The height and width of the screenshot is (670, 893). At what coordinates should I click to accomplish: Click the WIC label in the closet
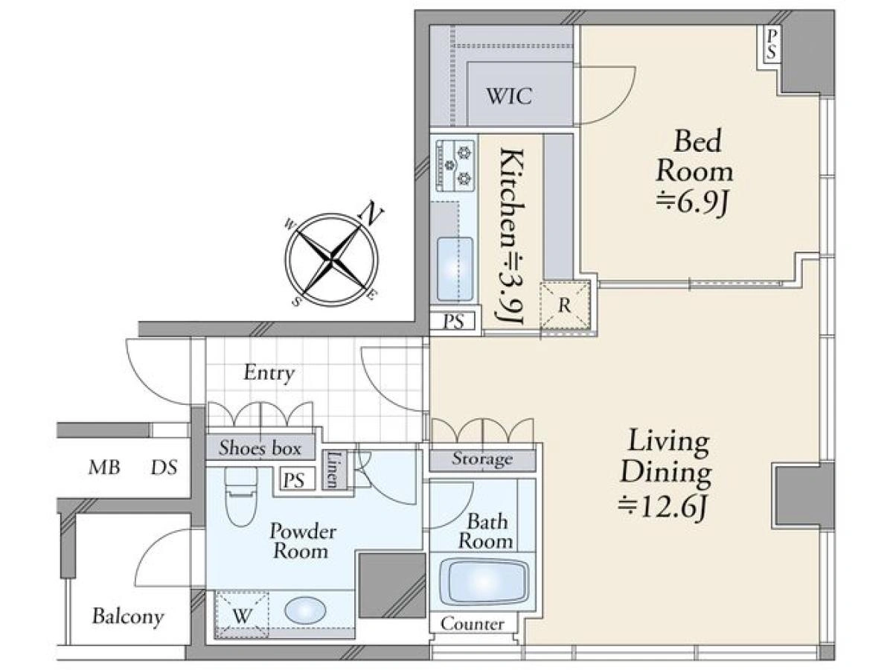509,96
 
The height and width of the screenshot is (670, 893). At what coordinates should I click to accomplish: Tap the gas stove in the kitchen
455,165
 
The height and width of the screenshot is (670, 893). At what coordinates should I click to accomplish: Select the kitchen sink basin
455,269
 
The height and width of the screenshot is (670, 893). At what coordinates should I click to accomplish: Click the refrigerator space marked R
564,304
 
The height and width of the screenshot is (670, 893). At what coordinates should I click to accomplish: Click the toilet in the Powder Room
241,496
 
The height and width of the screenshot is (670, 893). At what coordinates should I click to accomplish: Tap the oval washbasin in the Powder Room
305,610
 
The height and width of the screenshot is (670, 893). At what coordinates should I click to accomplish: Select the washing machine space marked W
242,616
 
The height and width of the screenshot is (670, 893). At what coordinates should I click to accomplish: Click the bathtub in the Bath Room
484,581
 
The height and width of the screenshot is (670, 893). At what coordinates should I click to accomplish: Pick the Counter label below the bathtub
472,624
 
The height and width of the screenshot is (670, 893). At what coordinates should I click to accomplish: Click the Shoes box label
260,447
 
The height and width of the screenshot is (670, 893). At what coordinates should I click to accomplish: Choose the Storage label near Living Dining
482,459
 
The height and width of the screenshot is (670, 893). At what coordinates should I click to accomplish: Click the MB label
104,468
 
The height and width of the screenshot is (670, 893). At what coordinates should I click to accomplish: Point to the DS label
164,468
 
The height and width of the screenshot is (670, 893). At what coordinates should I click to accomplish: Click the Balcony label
128,616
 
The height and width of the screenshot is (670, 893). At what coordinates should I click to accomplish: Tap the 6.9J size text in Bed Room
691,203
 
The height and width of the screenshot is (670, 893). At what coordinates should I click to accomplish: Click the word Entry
269,373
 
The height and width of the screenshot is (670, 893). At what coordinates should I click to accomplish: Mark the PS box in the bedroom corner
772,45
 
